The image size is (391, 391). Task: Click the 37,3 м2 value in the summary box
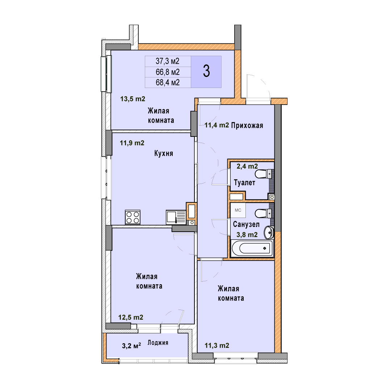[x=168, y=61]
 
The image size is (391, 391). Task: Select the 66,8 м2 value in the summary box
[x=168, y=72]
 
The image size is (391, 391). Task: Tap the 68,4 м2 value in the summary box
[x=168, y=82]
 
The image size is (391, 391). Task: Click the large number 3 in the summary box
[x=206, y=71]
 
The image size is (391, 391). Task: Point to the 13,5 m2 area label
[x=133, y=99]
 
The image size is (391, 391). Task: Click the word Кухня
[x=164, y=153]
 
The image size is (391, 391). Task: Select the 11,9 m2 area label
[x=132, y=143]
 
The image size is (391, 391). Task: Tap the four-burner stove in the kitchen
[x=133, y=217]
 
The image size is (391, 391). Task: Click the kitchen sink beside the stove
[x=176, y=217]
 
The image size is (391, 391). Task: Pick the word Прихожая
[x=247, y=125]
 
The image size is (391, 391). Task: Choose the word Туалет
[x=245, y=182]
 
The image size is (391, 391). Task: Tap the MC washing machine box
[x=238, y=210]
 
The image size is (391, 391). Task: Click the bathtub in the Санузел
[x=252, y=248]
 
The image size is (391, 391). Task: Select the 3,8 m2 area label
[x=247, y=235]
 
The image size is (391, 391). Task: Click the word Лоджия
[x=158, y=342]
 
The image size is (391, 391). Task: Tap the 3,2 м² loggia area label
[x=131, y=346]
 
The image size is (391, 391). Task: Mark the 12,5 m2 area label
[x=131, y=317]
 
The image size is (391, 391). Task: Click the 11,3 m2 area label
[x=217, y=345]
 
